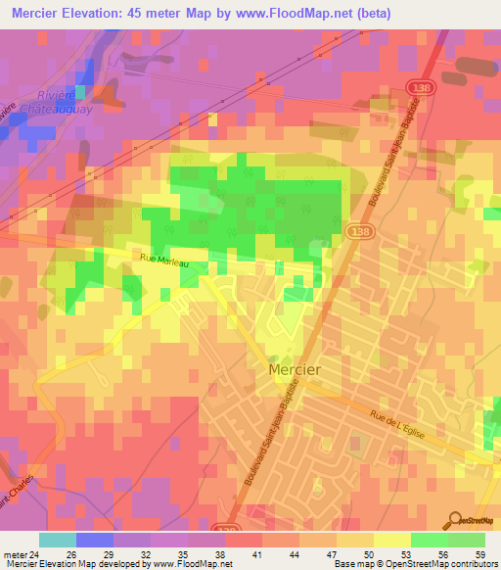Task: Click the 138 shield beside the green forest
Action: pos(354,229)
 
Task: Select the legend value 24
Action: pos(36,553)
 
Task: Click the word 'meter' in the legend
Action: pos(14,553)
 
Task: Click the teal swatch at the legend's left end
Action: pos(58,540)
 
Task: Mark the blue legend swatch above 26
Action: pos(95,540)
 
